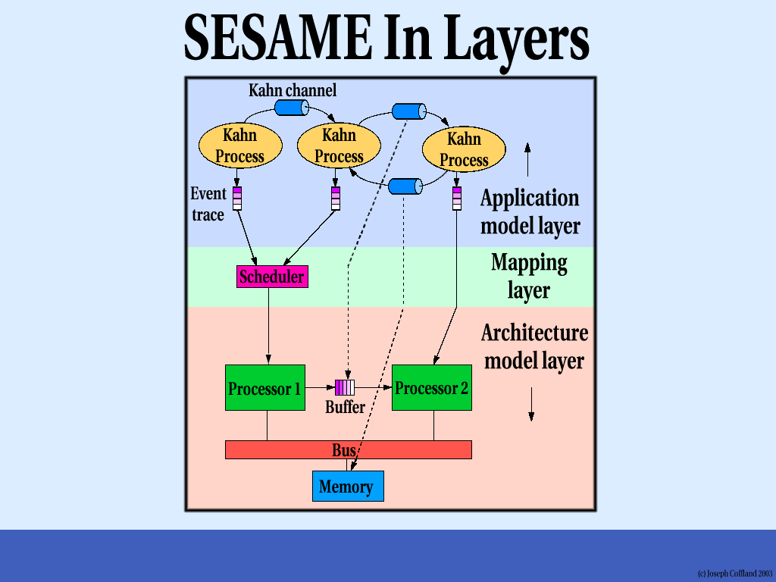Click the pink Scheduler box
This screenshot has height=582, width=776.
pyautogui.click(x=271, y=277)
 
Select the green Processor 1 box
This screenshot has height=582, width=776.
pyautogui.click(x=264, y=388)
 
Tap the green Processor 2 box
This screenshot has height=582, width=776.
pyautogui.click(x=431, y=388)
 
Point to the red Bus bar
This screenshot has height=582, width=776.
pyautogui.click(x=348, y=450)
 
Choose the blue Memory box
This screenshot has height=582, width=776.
pyautogui.click(x=348, y=487)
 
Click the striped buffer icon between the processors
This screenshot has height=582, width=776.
pyautogui.click(x=345, y=388)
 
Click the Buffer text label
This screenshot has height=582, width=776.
pyautogui.click(x=345, y=408)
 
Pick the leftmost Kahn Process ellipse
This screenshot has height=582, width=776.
pyautogui.click(x=240, y=145)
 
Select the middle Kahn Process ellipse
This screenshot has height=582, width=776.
pyautogui.click(x=339, y=145)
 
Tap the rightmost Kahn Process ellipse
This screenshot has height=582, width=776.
pyautogui.click(x=463, y=149)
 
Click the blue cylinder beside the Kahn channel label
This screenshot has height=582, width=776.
pyautogui.click(x=291, y=108)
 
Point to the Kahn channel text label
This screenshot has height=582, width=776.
pyautogui.click(x=293, y=91)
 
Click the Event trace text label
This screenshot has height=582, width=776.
pyautogui.click(x=208, y=204)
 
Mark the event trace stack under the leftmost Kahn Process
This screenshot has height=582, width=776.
pyautogui.click(x=237, y=198)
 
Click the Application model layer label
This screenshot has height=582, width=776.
pyautogui.click(x=530, y=211)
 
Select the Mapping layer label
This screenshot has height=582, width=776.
pyautogui.click(x=529, y=276)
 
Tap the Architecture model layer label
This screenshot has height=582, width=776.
pyautogui.click(x=534, y=346)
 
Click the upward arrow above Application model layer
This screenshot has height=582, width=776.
pyautogui.click(x=528, y=158)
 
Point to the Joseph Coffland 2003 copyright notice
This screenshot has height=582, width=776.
pyautogui.click(x=734, y=574)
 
